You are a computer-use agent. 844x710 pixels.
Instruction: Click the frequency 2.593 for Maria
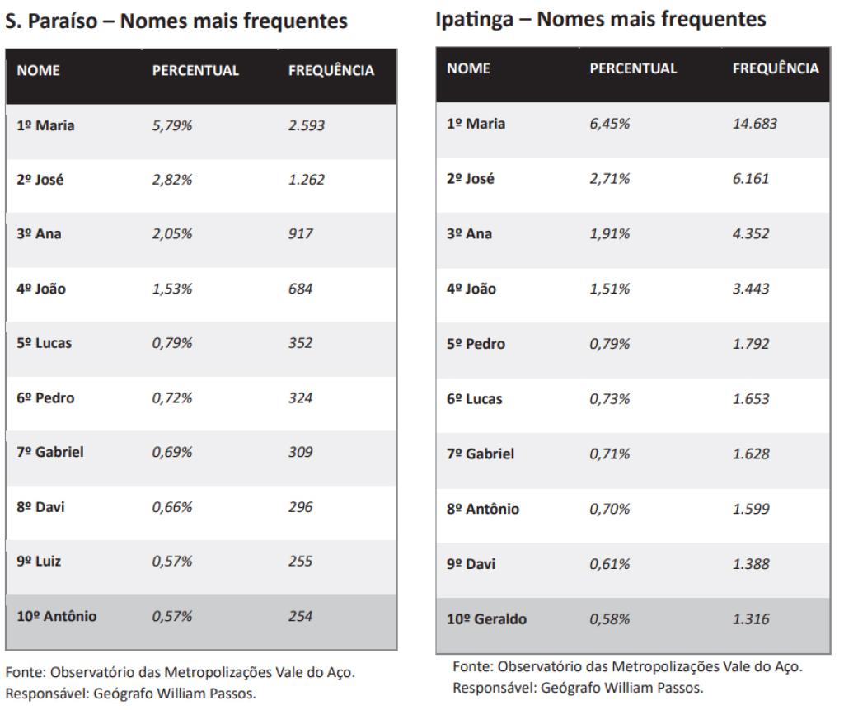(x=306, y=125)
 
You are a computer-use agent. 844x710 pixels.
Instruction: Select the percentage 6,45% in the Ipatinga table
(x=609, y=124)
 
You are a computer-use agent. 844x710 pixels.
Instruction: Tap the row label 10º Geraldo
(x=487, y=619)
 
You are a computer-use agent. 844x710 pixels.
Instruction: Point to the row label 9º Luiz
(x=39, y=562)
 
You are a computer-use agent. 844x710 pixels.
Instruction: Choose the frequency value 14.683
(x=754, y=124)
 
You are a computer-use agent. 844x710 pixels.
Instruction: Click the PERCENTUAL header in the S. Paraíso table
(x=195, y=71)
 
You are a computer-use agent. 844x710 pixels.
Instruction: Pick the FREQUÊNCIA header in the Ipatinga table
(x=775, y=68)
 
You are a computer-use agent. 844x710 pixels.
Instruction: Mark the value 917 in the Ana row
(x=300, y=234)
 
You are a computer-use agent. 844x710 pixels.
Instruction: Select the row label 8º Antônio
(x=483, y=509)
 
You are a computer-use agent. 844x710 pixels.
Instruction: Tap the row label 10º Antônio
(x=56, y=616)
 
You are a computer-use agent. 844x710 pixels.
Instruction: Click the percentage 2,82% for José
(x=171, y=180)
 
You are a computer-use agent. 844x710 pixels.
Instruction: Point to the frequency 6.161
(x=750, y=179)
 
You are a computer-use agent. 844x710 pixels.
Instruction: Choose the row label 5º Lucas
(x=44, y=343)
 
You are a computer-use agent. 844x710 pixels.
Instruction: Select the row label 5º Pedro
(x=476, y=344)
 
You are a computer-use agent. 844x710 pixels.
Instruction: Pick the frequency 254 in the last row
(x=300, y=616)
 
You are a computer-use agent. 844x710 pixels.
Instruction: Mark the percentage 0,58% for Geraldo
(x=609, y=619)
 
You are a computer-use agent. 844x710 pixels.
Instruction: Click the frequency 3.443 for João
(x=750, y=289)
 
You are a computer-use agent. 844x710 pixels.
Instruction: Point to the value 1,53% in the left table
(x=171, y=289)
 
